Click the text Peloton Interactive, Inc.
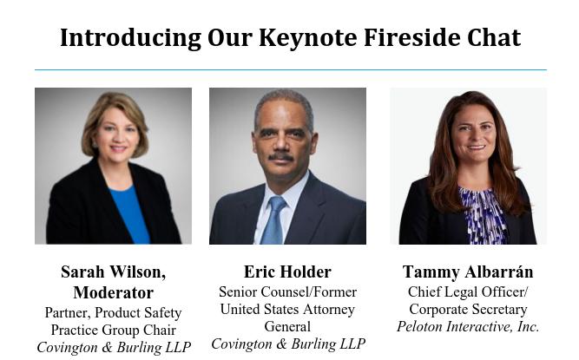click(x=468, y=327)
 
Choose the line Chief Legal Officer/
click(x=468, y=292)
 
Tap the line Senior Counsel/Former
click(x=287, y=292)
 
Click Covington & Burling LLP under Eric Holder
click(x=287, y=344)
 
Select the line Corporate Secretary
click(x=468, y=310)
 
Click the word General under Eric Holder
click(x=287, y=327)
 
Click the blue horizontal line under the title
click(x=290, y=69)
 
